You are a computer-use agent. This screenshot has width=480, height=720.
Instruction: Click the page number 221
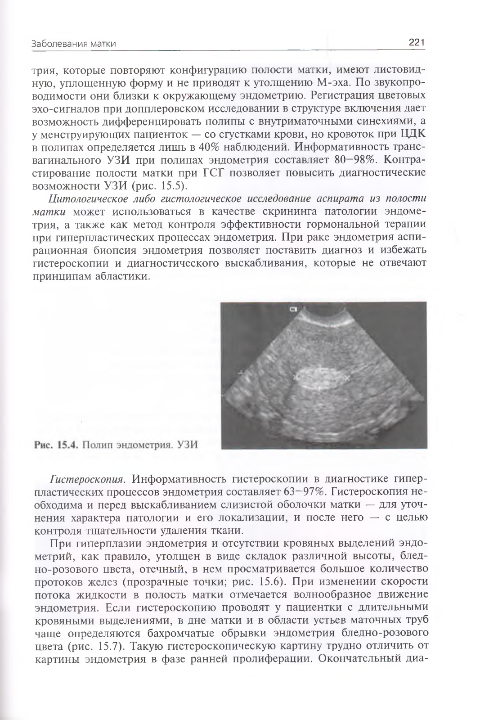click(417, 43)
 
